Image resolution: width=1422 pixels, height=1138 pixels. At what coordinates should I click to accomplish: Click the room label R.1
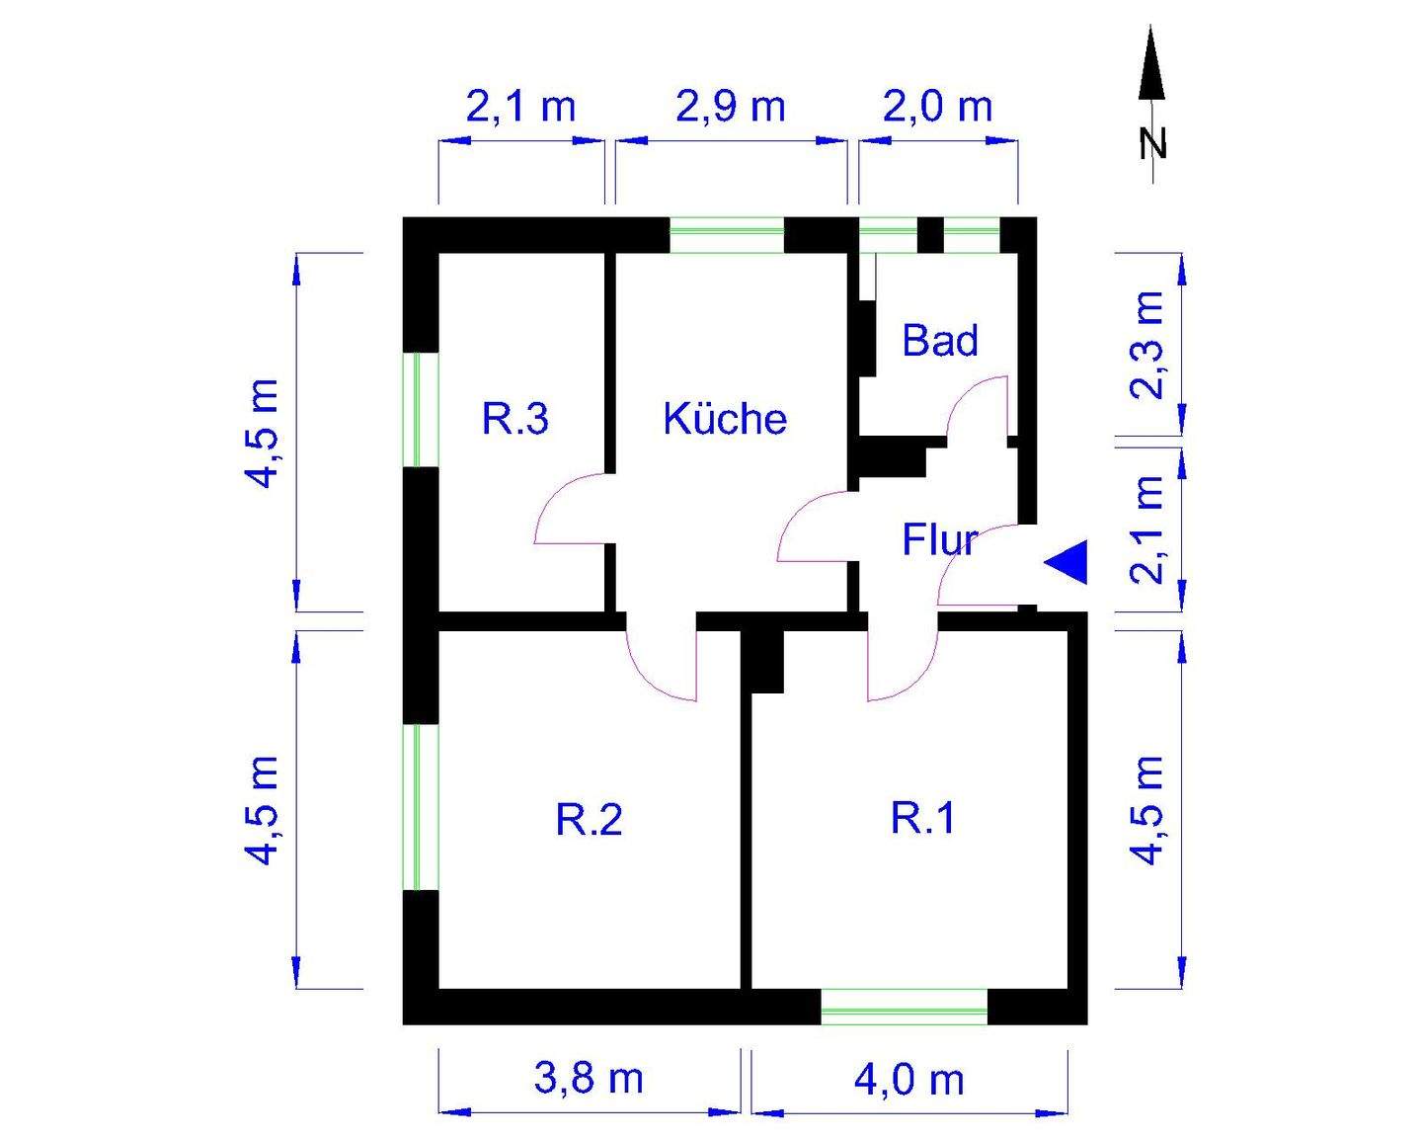923,819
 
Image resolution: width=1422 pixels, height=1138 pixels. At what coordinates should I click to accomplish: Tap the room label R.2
590,820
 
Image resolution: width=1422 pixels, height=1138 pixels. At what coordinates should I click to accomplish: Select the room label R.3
514,419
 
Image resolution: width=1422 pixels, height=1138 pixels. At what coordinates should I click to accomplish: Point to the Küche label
725,419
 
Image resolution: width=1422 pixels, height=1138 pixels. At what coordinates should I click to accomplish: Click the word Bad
940,341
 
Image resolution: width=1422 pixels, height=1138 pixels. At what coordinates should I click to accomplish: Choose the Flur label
939,540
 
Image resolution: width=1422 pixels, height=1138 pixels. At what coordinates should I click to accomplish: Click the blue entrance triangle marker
1068,563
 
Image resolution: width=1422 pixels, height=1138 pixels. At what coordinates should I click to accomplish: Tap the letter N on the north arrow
1151,144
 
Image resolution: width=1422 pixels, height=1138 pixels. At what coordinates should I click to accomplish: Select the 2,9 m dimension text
730,107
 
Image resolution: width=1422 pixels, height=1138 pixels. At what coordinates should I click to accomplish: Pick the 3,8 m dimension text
589,1079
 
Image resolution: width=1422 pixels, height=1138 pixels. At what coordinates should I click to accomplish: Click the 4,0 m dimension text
908,1080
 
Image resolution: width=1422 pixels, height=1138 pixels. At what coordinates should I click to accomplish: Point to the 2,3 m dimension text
1149,344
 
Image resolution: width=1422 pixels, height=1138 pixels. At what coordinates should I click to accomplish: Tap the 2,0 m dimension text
937,107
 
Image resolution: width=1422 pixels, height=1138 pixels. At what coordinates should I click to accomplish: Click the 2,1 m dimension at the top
520,107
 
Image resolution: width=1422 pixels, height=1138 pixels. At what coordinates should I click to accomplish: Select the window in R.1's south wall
904,1006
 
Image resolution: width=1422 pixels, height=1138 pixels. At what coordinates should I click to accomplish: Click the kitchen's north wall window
727,235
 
